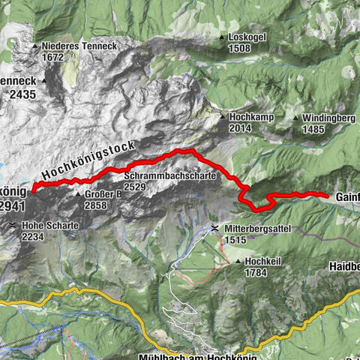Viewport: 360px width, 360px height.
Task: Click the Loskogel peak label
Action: point(250,37)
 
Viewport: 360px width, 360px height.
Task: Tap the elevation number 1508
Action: point(241,49)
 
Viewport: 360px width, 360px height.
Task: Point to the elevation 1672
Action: point(55,57)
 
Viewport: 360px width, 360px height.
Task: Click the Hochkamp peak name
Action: point(250,118)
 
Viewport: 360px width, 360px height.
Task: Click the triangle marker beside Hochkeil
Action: point(238,262)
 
